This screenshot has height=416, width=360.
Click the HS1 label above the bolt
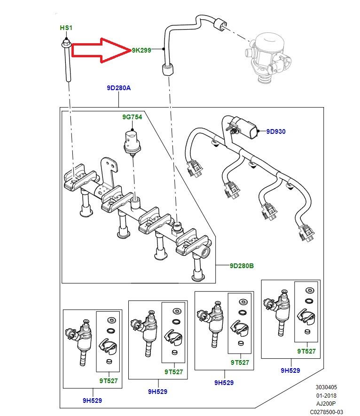coord(66,28)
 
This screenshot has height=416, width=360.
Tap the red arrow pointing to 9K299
coord(102,50)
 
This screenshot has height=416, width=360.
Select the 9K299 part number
coord(141,50)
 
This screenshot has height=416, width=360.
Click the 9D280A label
coord(119,88)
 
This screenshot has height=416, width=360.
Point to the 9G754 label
coord(132,117)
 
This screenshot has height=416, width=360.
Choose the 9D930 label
coord(276,131)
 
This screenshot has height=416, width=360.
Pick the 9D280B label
coord(242,266)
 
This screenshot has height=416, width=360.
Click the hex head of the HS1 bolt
coord(66,43)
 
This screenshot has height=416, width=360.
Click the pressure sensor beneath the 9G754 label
coord(132,142)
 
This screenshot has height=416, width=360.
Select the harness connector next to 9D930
coord(244,128)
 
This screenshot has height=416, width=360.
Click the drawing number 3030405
coord(326,387)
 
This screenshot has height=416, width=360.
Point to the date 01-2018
coord(326,395)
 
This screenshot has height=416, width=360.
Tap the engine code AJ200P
coord(326,403)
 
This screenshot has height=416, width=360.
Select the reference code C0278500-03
coord(326,412)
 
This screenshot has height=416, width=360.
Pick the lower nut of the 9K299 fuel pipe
coord(167,70)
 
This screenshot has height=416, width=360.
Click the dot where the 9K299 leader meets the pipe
coord(164,49)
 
